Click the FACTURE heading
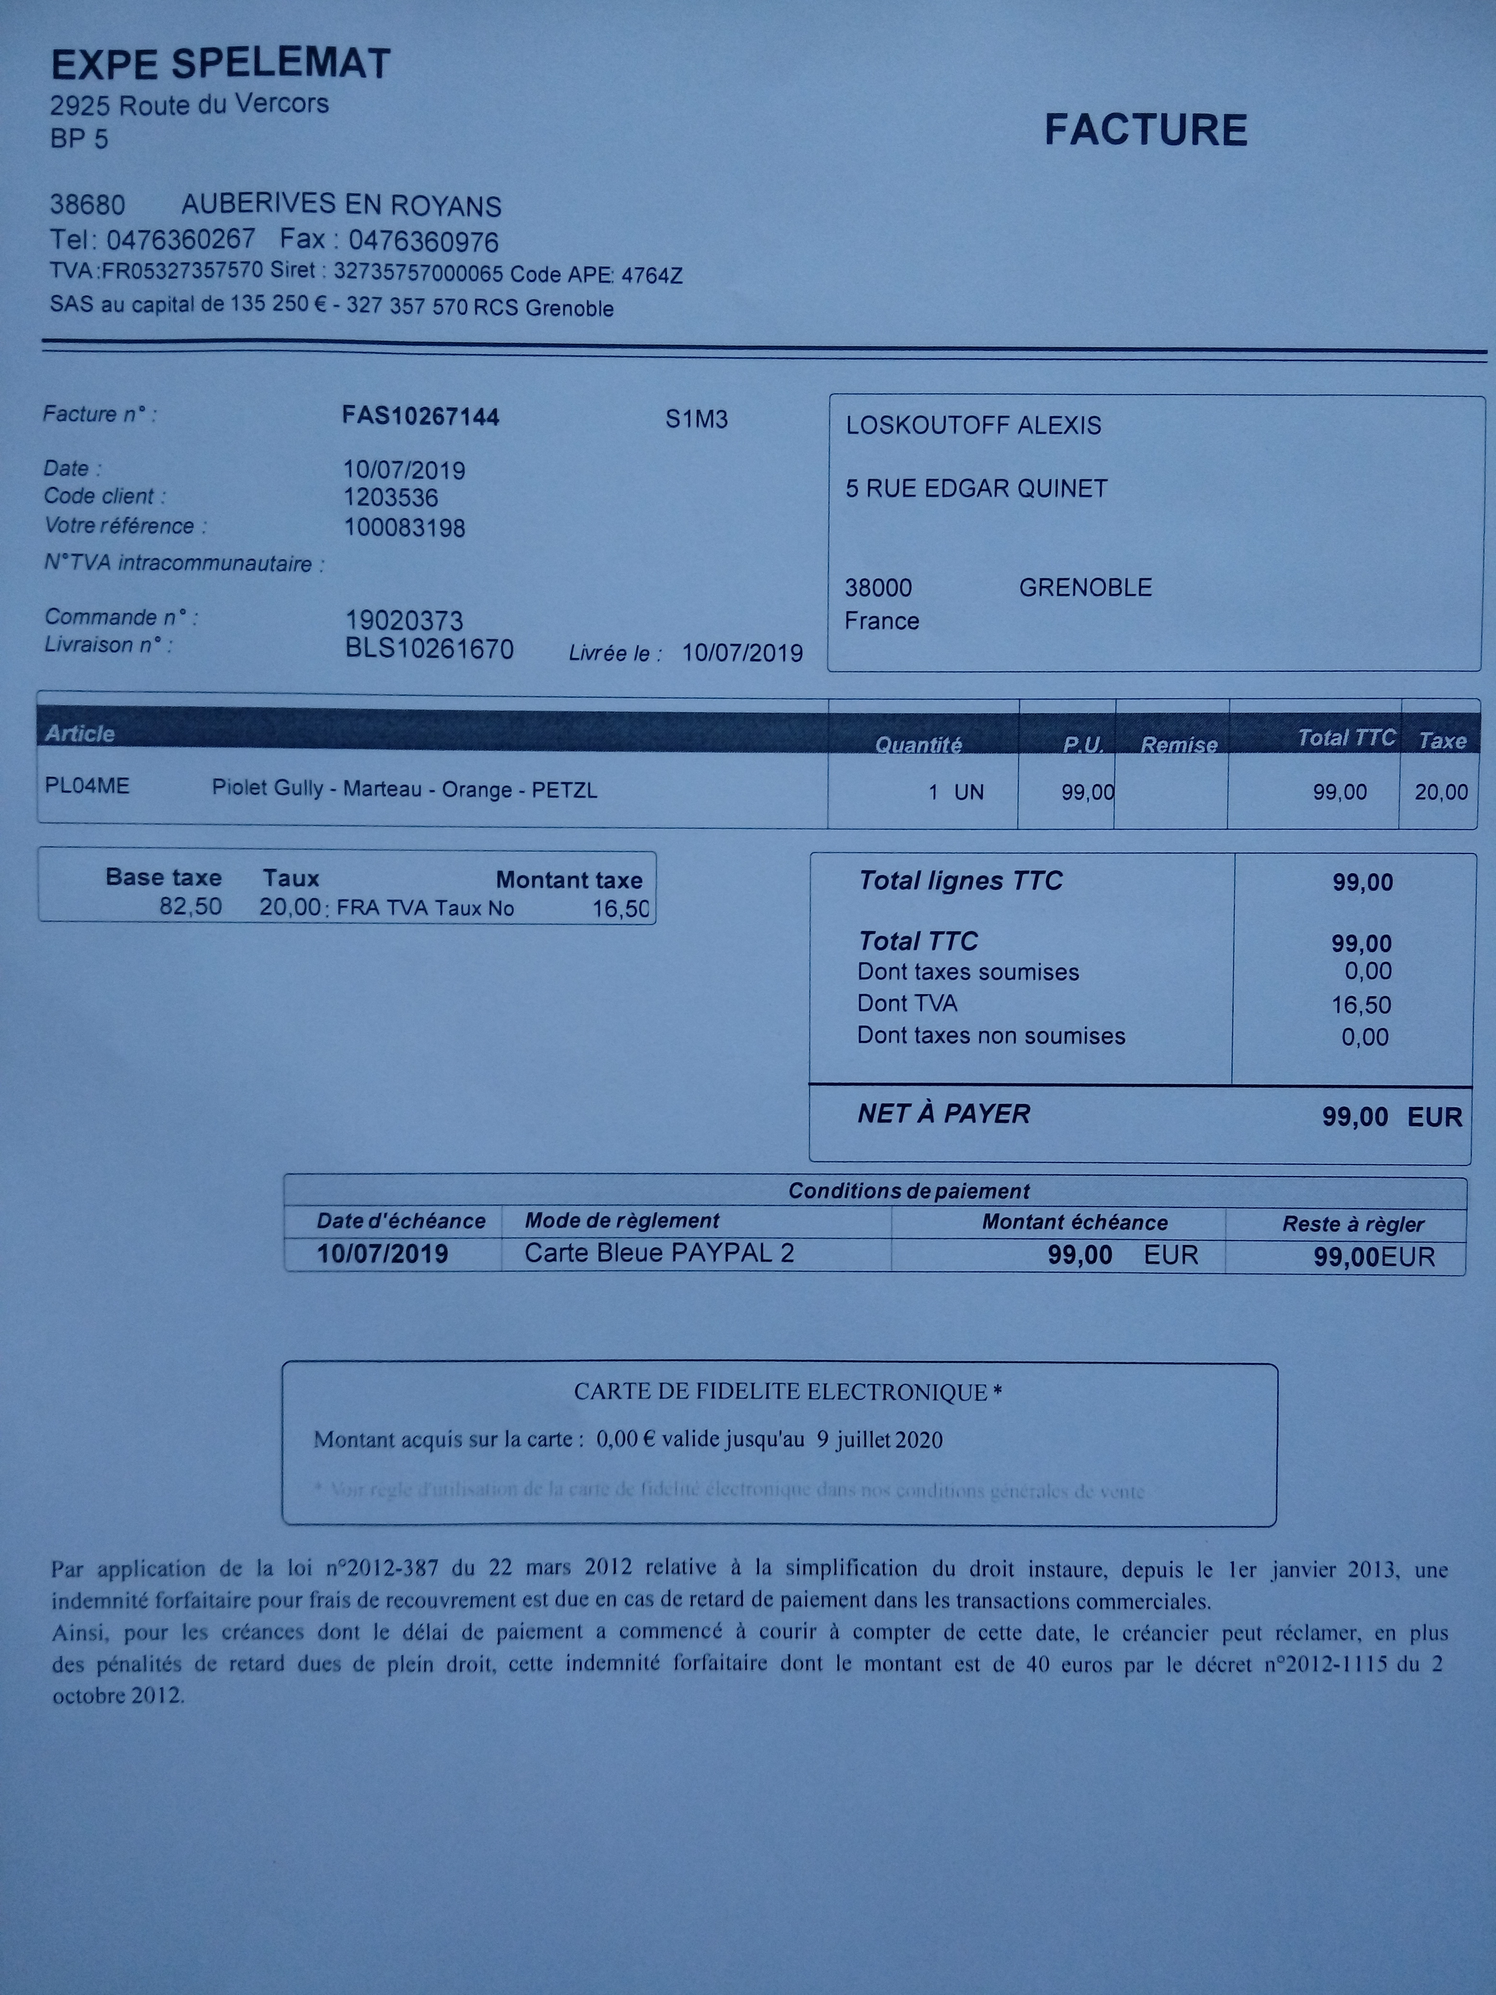(x=1145, y=131)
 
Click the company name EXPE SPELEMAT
(x=221, y=65)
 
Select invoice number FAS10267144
(x=420, y=417)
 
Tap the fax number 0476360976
(x=423, y=242)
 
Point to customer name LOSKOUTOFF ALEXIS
(x=973, y=426)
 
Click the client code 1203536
(x=390, y=498)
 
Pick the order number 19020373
(x=404, y=621)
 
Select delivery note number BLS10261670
(x=429, y=649)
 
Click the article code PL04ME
(x=87, y=786)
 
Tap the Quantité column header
(x=918, y=745)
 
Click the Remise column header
(x=1179, y=745)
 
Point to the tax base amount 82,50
(x=190, y=906)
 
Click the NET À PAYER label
(x=943, y=1114)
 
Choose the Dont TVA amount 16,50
(x=1361, y=1005)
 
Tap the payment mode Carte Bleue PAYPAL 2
(x=659, y=1253)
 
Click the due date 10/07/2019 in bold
(x=382, y=1254)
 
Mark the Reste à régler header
(x=1353, y=1224)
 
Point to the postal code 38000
(x=878, y=588)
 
